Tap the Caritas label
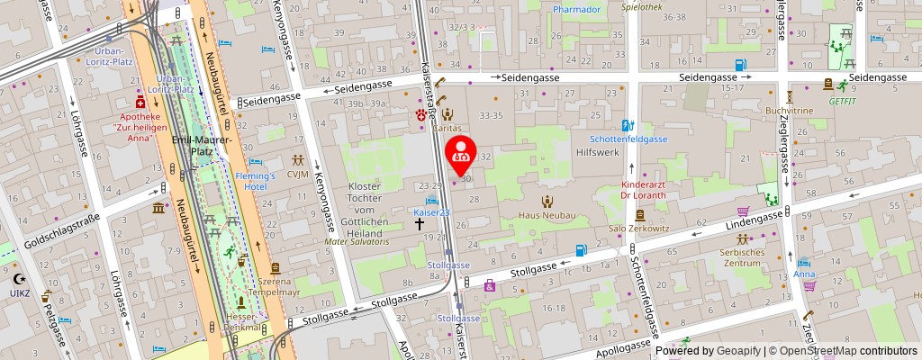click(447, 128)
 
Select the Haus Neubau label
click(546, 216)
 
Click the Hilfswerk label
click(596, 154)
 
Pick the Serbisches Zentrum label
click(742, 259)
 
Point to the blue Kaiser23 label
click(431, 212)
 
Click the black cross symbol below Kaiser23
click(420, 225)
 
